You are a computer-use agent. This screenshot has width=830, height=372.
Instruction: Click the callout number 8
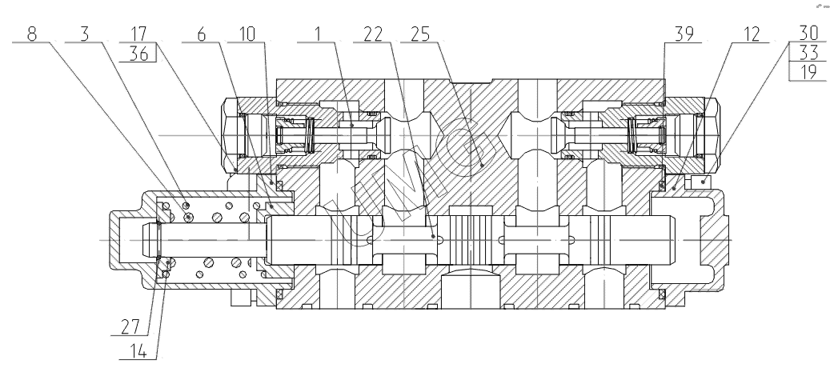pos(32,34)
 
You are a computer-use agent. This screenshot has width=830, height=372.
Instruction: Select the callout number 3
pos(85,34)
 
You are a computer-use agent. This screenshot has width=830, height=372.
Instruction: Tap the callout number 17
pos(138,34)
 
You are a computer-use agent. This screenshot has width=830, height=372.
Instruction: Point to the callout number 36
pos(138,54)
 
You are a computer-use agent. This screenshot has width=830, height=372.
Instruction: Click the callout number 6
pos(201,34)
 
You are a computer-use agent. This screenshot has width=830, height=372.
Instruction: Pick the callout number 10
pos(247,34)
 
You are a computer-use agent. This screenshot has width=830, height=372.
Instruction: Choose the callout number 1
pos(318,34)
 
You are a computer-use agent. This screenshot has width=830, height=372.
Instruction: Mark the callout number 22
pos(373,34)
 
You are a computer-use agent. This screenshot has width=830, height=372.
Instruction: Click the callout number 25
pos(419,34)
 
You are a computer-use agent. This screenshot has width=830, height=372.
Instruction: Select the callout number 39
pos(684,34)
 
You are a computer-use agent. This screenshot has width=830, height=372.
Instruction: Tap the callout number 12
pos(751,34)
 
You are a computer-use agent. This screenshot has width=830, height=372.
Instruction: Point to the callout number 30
pos(809,33)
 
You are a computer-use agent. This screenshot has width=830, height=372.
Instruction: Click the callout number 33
pos(809,52)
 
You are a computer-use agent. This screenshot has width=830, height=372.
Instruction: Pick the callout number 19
pos(809,71)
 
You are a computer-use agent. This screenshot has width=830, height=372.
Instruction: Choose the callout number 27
pos(130,327)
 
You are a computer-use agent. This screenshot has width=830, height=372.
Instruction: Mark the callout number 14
pos(138,351)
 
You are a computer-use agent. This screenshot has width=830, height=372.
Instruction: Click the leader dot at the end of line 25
pos(482,165)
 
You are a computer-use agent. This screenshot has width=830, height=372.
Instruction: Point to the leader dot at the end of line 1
pos(352,126)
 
